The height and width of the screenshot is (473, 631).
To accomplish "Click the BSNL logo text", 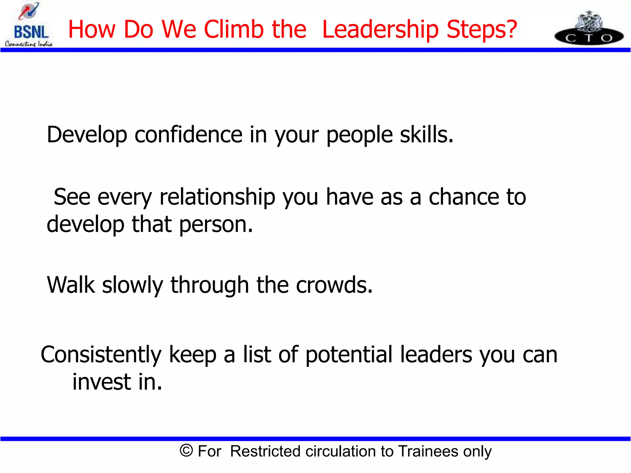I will (31, 32).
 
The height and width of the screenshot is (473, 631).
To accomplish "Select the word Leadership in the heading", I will (380, 30).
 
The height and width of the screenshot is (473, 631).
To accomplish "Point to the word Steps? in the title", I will (482, 30).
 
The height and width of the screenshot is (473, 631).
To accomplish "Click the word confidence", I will (189, 135).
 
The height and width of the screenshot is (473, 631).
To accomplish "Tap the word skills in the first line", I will (426, 135).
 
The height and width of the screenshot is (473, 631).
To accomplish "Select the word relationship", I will (217, 197).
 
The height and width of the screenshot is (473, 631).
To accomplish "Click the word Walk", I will (71, 285).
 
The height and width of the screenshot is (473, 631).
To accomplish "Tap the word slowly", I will (132, 285).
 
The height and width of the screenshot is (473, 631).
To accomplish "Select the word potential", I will (349, 355).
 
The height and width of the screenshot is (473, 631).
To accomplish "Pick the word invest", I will (102, 382).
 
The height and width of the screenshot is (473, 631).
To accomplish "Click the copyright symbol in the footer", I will (186, 451).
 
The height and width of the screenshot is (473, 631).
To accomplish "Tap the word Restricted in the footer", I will (265, 451).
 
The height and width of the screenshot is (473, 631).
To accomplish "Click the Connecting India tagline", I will (29, 44).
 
